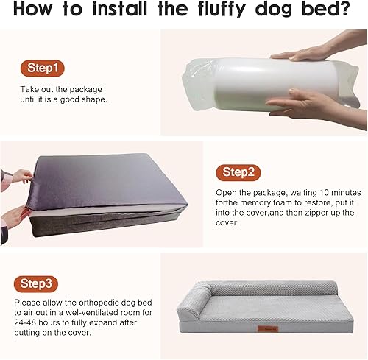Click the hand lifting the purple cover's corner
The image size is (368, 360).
point(16,177)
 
